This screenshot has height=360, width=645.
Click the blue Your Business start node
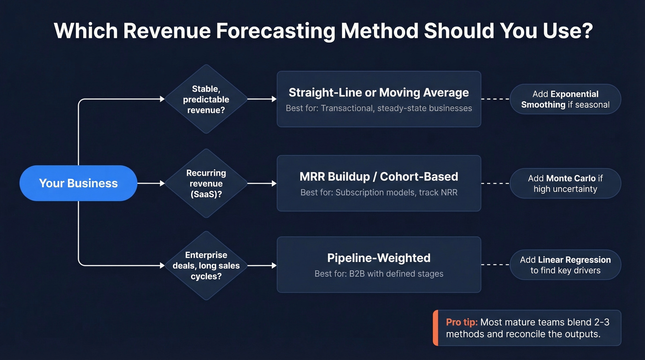[78, 183]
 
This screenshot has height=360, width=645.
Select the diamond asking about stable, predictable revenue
[206, 99]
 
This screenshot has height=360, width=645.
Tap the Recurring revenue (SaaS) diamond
[206, 183]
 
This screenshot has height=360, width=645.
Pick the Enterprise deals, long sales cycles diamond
[206, 266]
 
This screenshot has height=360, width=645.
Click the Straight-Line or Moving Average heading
[379, 92]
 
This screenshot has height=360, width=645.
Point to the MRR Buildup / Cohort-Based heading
[379, 177]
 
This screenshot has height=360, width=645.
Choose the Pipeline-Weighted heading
[379, 258]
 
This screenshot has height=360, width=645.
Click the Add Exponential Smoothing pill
[565, 99]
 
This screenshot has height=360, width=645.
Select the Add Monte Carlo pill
[565, 183]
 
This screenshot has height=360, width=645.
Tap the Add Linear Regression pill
[565, 265]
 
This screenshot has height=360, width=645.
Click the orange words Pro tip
[462, 323]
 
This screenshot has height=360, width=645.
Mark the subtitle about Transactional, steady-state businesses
[379, 108]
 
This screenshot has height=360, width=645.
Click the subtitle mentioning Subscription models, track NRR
[379, 192]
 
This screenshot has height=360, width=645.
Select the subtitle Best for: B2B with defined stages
[379, 274]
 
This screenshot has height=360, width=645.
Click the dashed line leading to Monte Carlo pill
[495, 183]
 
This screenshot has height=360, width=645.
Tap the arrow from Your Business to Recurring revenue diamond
[151, 183]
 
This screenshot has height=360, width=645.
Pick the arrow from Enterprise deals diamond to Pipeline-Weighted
[262, 266]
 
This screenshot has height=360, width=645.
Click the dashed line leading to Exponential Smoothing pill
[495, 99]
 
